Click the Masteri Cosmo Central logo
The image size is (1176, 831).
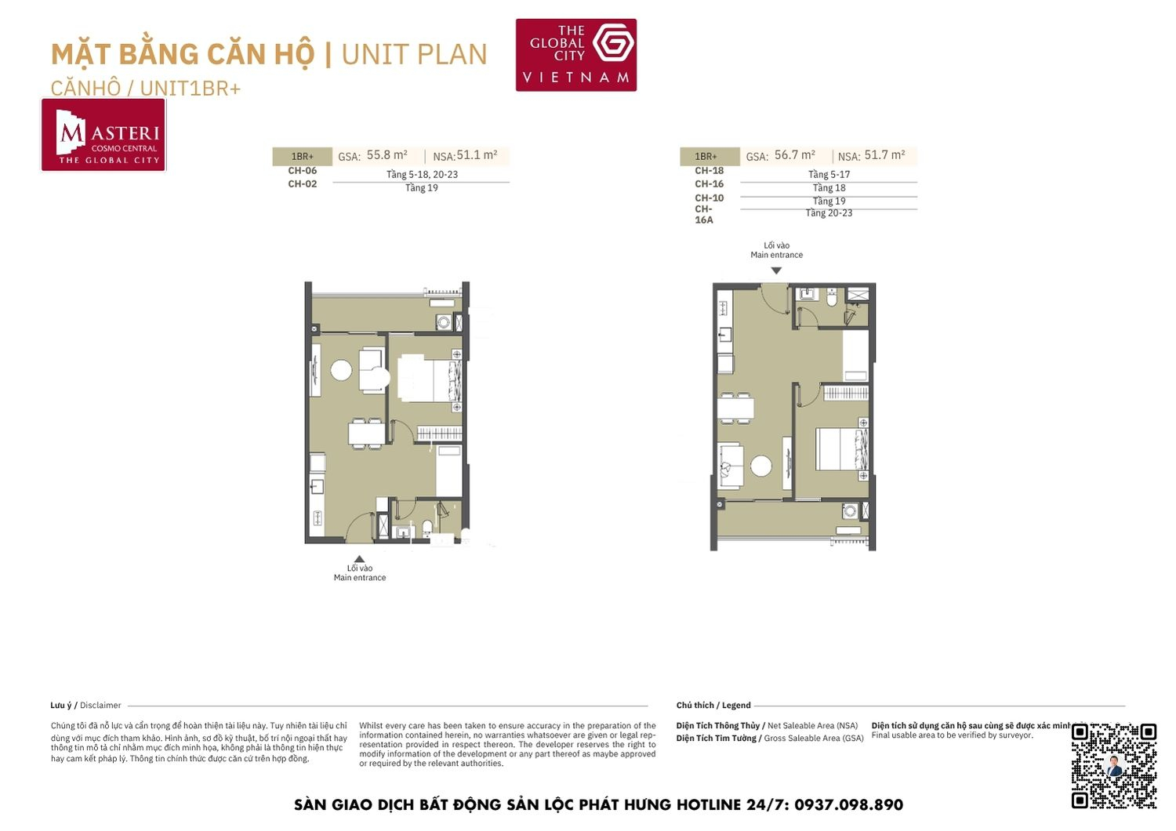(x=103, y=135)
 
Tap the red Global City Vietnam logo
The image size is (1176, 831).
(x=575, y=55)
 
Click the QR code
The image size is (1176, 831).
(x=1113, y=765)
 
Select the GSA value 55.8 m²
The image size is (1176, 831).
(x=387, y=155)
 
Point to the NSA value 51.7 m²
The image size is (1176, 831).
(x=884, y=155)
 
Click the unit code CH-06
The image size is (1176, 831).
(x=302, y=171)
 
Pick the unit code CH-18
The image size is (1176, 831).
(x=709, y=171)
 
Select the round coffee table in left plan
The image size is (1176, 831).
(x=341, y=370)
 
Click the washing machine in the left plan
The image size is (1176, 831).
(x=444, y=321)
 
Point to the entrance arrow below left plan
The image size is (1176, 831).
(x=359, y=559)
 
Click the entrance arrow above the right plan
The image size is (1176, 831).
(x=776, y=270)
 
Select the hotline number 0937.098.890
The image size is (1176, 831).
(x=848, y=805)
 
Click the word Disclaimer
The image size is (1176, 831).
(x=100, y=706)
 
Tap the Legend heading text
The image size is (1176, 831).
(x=735, y=706)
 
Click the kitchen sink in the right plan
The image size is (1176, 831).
(x=725, y=336)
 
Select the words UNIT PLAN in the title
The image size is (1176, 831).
(x=414, y=55)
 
